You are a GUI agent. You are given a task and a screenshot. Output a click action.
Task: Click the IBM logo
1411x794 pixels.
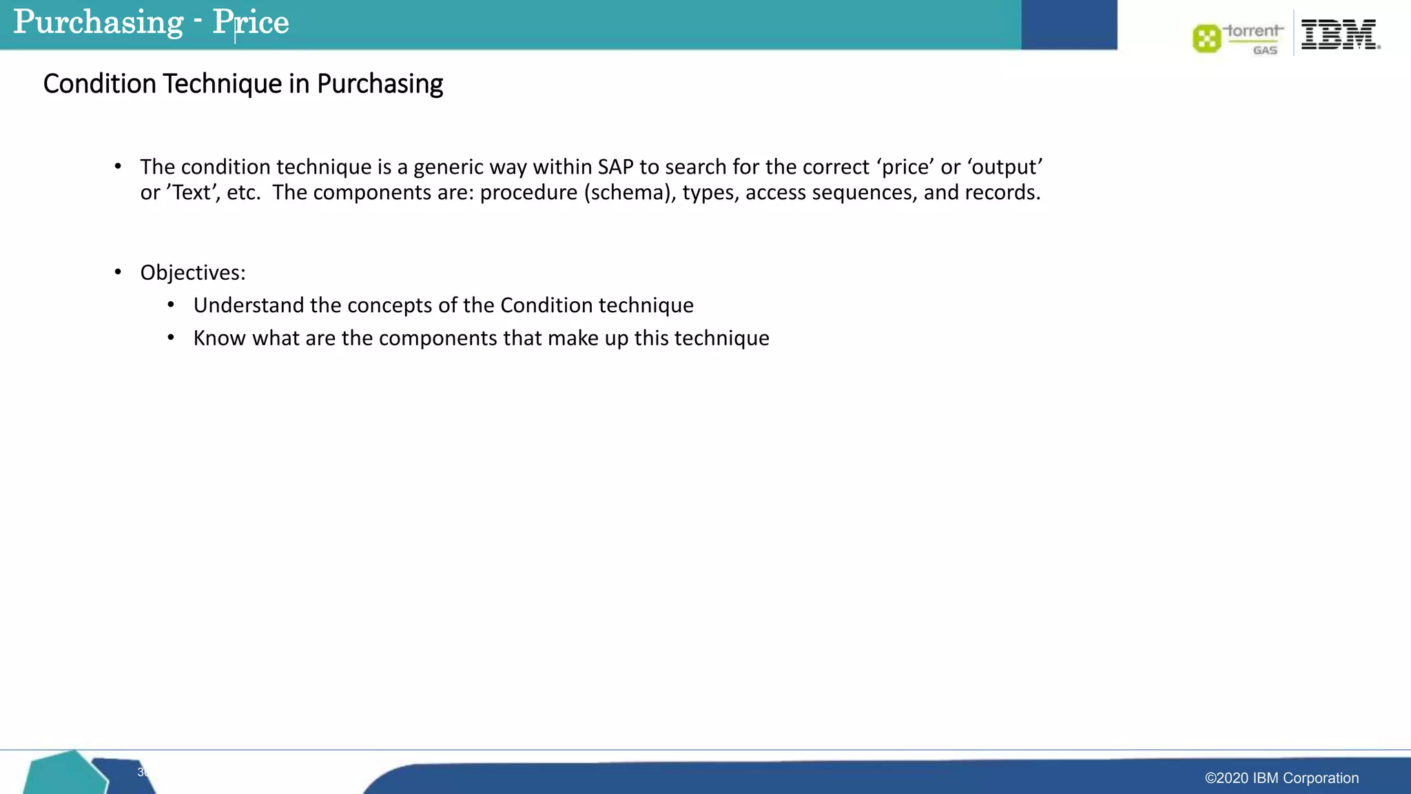point(1340,34)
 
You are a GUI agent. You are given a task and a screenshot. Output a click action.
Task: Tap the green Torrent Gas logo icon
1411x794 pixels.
point(1206,39)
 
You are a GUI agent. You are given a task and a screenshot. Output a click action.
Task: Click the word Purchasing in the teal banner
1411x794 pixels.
point(99,22)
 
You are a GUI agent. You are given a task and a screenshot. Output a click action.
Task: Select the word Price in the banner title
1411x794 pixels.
point(251,22)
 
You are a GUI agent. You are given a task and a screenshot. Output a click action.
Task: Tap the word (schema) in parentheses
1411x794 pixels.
point(630,192)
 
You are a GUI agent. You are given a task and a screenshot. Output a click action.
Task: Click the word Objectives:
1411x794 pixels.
point(193,272)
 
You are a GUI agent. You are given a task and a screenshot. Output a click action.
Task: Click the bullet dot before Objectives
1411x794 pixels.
point(118,272)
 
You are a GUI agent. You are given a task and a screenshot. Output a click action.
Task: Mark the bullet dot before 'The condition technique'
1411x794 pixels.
point(118,166)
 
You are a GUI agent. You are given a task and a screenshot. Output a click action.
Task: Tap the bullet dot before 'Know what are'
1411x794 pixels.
point(171,338)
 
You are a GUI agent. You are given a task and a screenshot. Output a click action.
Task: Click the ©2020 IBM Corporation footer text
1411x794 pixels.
point(1281,778)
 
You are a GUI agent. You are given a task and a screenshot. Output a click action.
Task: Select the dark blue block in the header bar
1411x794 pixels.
point(1069,25)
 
